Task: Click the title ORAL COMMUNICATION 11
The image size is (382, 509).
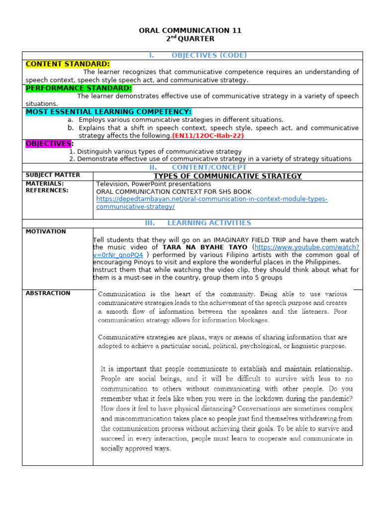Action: point(191,30)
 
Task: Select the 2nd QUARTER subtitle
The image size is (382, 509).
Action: point(191,39)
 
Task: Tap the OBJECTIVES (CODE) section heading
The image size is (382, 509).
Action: point(208,55)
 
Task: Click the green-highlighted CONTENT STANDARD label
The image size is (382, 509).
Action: point(68,64)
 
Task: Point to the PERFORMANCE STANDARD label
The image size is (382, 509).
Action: point(79,88)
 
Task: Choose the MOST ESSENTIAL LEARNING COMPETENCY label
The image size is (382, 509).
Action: point(108,112)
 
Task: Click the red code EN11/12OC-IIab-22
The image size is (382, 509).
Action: point(208,135)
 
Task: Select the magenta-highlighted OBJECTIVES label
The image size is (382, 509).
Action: point(49,144)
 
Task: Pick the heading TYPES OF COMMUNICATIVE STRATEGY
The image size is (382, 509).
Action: point(228,176)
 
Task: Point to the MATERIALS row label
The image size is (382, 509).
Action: point(45,183)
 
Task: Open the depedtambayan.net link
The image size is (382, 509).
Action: point(211,202)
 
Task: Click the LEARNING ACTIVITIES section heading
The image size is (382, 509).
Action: point(209,223)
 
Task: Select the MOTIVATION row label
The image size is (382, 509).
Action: point(46,231)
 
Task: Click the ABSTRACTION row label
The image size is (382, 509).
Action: point(48,293)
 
